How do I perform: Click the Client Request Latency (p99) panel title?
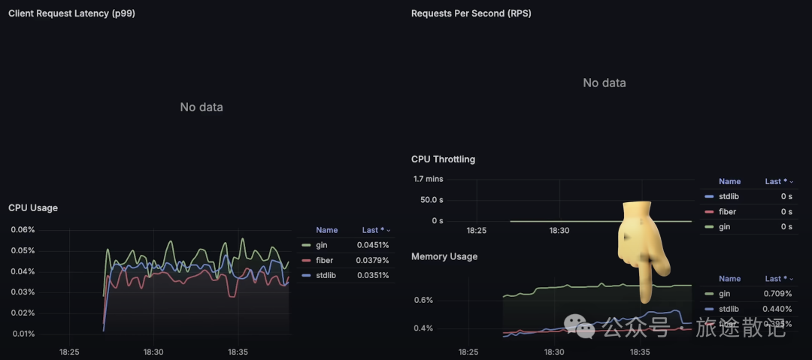pyautogui.click(x=71, y=14)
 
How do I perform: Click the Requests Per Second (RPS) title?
pyautogui.click(x=471, y=14)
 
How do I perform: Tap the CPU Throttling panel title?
pyautogui.click(x=443, y=159)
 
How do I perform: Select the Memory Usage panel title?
pyautogui.click(x=444, y=257)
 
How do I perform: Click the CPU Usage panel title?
pyautogui.click(x=33, y=208)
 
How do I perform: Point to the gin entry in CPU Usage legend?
pyautogui.click(x=322, y=245)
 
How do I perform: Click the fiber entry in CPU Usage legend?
pyautogui.click(x=326, y=260)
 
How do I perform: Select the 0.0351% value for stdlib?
pyautogui.click(x=373, y=275)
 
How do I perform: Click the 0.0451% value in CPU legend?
pyautogui.click(x=373, y=245)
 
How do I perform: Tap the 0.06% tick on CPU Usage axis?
pyautogui.click(x=23, y=230)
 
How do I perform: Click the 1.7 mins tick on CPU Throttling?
pyautogui.click(x=428, y=179)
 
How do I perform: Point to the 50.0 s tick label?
pyautogui.click(x=431, y=200)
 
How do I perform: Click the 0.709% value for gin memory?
pyautogui.click(x=777, y=294)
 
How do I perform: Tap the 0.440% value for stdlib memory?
pyautogui.click(x=777, y=309)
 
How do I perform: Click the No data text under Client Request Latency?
pyautogui.click(x=201, y=107)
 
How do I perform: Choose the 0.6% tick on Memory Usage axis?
pyautogui.click(x=423, y=301)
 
